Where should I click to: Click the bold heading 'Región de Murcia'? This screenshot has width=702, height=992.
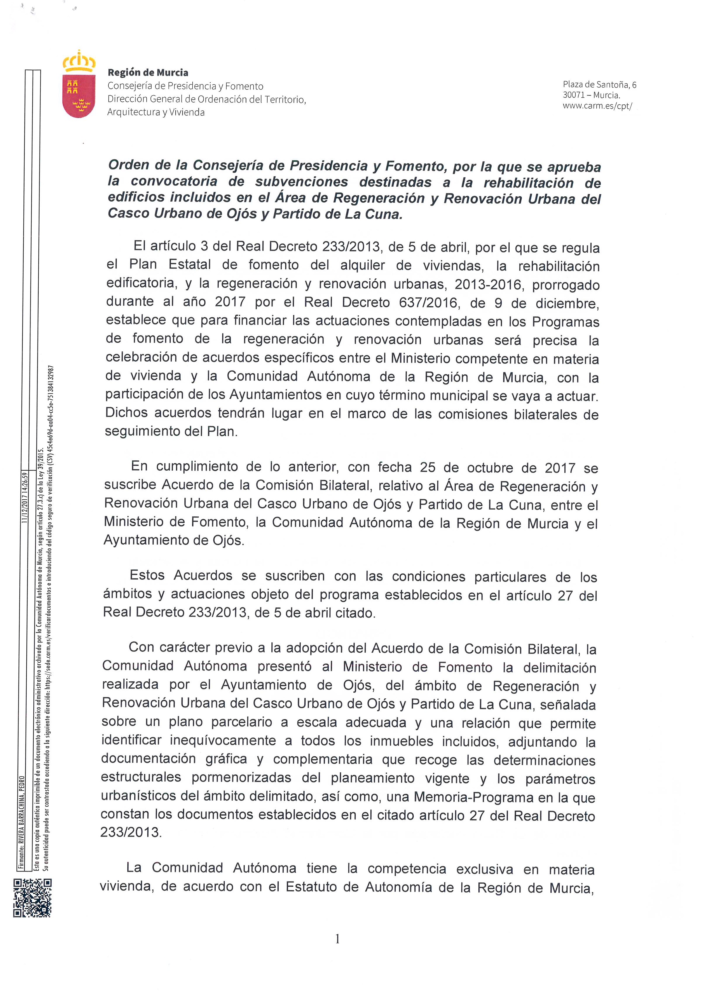(148, 73)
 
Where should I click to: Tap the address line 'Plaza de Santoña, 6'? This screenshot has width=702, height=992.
(599, 85)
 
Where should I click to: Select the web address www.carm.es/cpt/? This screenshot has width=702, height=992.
(597, 106)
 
